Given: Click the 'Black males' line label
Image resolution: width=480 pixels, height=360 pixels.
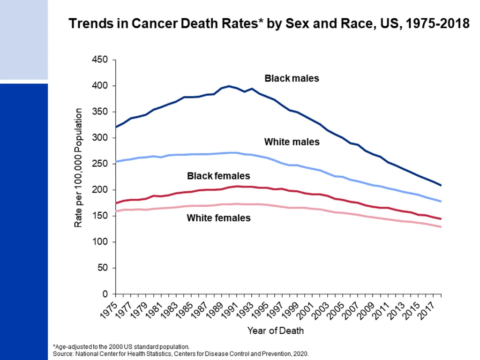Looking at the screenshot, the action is pyautogui.click(x=292, y=78).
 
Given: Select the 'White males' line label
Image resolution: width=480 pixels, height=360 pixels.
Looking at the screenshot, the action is pyautogui.click(x=292, y=142).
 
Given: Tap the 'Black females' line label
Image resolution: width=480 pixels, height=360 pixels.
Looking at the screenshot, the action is pyautogui.click(x=218, y=176).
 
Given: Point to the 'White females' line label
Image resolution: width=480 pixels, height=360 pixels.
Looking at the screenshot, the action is pyautogui.click(x=218, y=218).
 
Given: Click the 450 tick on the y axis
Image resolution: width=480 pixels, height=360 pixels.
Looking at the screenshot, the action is pyautogui.click(x=100, y=60).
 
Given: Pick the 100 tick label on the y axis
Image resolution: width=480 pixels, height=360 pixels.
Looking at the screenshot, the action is pyautogui.click(x=100, y=242).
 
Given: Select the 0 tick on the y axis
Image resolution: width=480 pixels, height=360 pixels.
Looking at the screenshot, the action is pyautogui.click(x=105, y=294).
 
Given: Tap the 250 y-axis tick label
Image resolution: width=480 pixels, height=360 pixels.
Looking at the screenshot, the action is pyautogui.click(x=100, y=164).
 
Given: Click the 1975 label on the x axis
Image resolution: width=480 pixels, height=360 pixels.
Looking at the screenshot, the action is pyautogui.click(x=109, y=311).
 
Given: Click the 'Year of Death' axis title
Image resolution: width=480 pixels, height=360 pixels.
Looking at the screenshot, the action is pyautogui.click(x=276, y=331).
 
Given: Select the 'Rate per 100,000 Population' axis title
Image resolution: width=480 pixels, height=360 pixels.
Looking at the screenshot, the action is pyautogui.click(x=78, y=168).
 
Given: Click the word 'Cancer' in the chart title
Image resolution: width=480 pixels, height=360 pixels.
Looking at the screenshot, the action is pyautogui.click(x=154, y=23).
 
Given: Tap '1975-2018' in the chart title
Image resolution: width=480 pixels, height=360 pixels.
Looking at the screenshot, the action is pyautogui.click(x=437, y=23).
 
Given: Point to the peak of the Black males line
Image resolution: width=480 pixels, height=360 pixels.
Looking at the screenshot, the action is pyautogui.click(x=229, y=86).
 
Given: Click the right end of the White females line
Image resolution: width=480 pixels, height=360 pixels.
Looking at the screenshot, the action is pyautogui.click(x=441, y=227).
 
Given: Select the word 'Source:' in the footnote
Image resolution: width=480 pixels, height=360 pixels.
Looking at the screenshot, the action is pyautogui.click(x=63, y=354).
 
